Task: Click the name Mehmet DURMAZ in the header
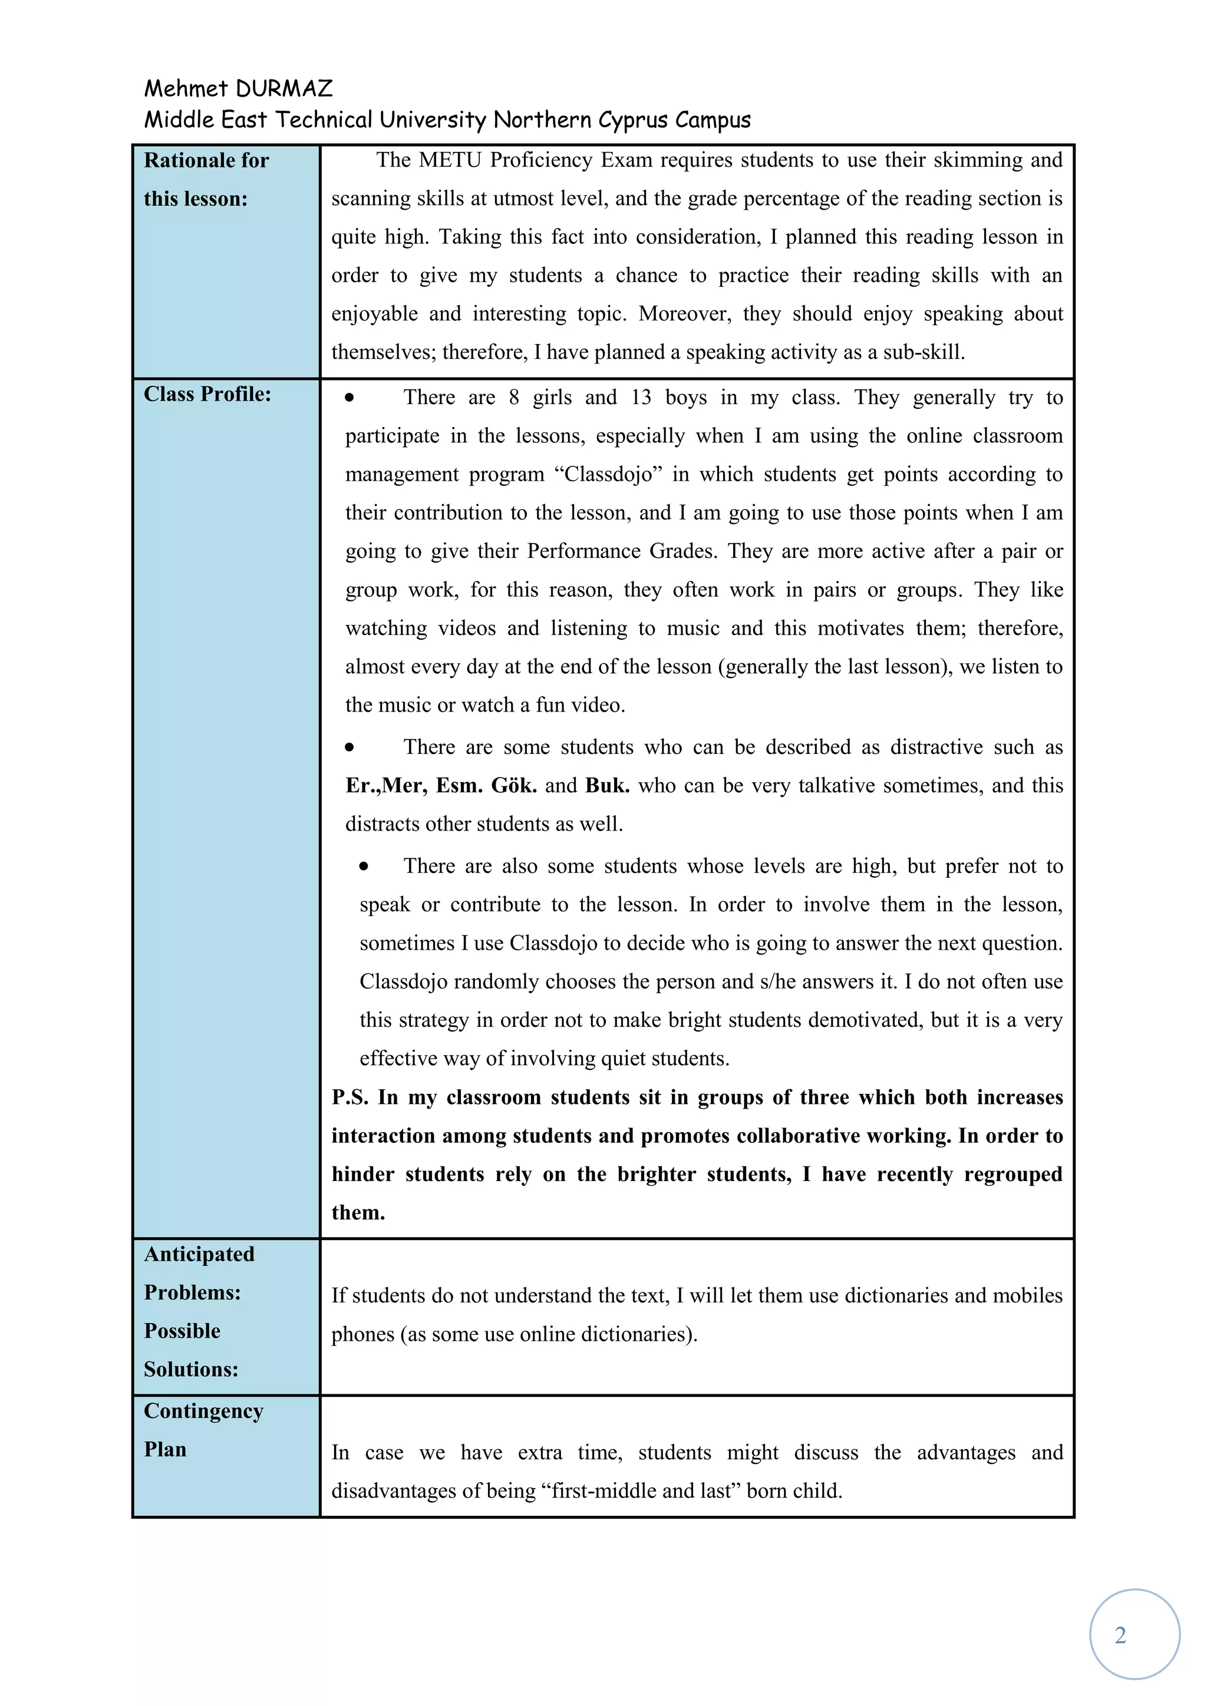pyautogui.click(x=238, y=89)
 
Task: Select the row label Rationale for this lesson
pyautogui.click(x=206, y=179)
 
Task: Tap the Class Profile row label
pyautogui.click(x=207, y=395)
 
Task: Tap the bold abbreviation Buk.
pyautogui.click(x=607, y=786)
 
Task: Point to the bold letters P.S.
pyautogui.click(x=349, y=1097)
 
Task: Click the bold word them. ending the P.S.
pyautogui.click(x=358, y=1212)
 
